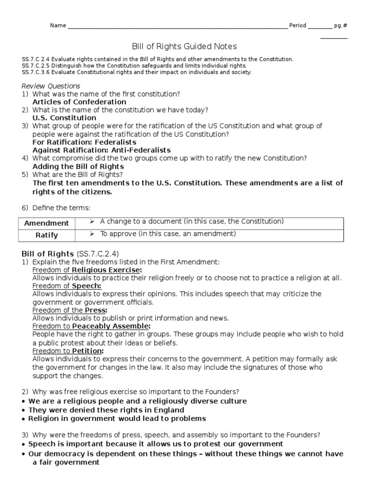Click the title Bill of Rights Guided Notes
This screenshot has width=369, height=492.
click(184, 47)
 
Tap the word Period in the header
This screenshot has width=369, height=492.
click(297, 25)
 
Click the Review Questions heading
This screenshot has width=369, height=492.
click(51, 86)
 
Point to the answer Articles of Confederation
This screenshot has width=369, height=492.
click(79, 102)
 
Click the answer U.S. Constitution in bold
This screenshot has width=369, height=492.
click(64, 118)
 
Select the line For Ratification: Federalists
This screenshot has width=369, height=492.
click(84, 142)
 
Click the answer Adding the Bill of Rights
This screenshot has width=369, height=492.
click(78, 166)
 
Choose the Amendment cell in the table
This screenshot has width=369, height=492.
click(47, 223)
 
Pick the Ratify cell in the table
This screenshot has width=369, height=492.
click(47, 235)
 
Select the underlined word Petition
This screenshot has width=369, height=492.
click(87, 351)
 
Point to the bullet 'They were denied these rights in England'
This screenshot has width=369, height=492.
click(106, 410)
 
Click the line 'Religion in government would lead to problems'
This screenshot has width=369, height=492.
click(117, 418)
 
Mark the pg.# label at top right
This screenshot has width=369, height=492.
click(340, 25)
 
